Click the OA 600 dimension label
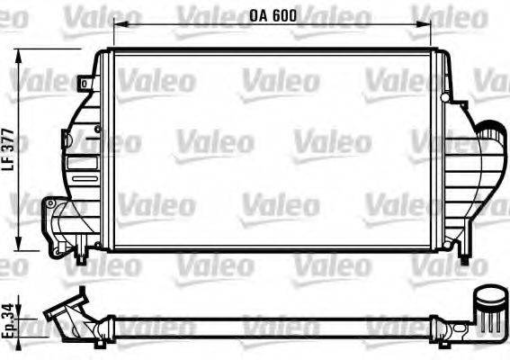point(273,14)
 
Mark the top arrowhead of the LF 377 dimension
point(21,56)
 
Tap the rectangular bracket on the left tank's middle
point(66,139)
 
